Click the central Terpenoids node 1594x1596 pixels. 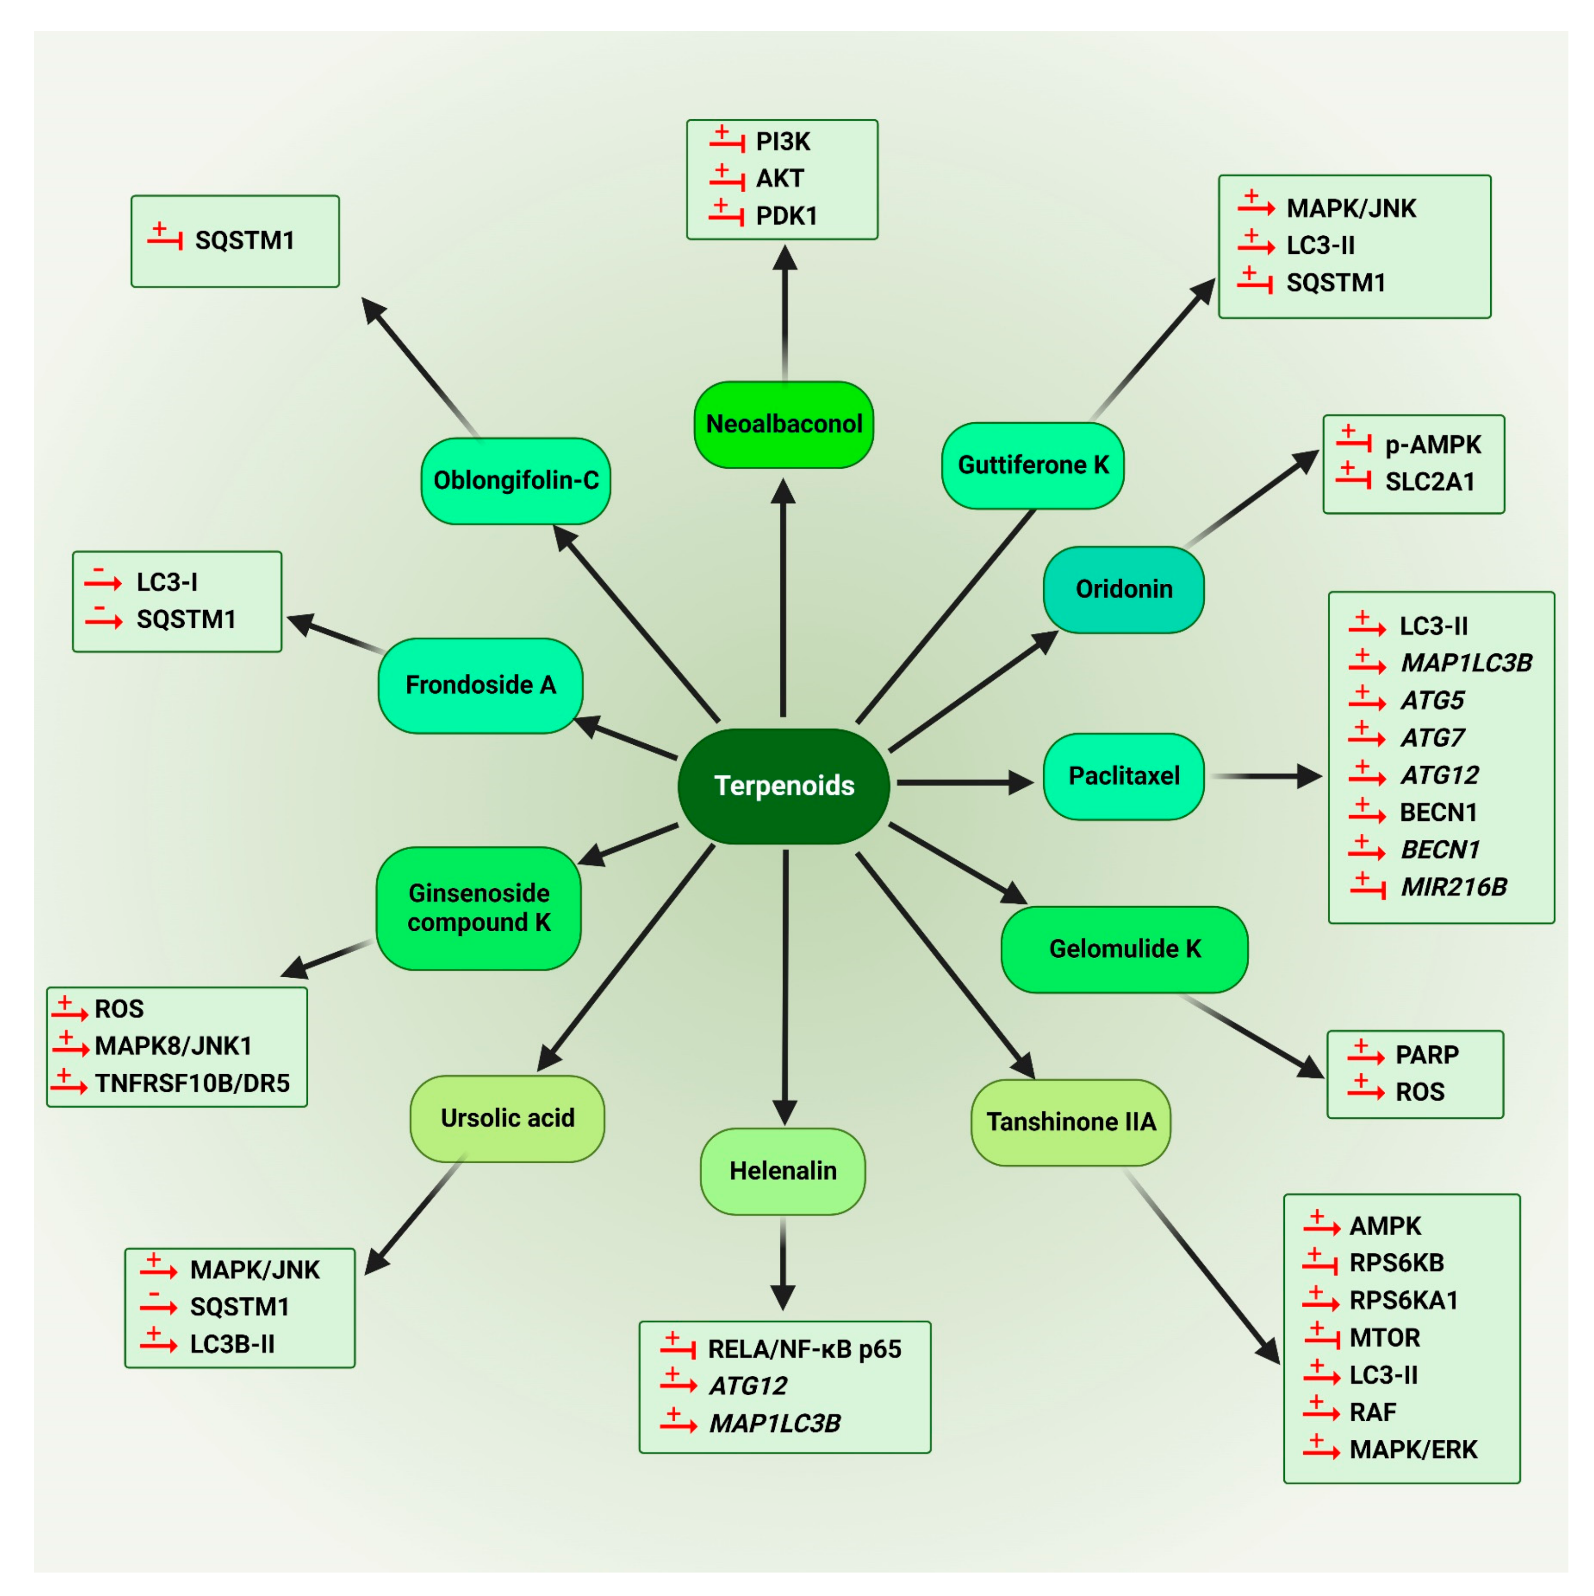pos(783,785)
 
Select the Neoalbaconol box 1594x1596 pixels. pos(783,424)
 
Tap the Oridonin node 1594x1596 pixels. pos(1123,589)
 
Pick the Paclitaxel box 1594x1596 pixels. pos(1123,776)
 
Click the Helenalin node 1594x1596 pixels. pos(782,1170)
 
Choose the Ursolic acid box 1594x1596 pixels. pos(507,1118)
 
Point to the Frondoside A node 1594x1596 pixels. pos(480,685)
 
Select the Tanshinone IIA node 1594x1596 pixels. pos(1070,1122)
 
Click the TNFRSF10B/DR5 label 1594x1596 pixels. pos(193,1083)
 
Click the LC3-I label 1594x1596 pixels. pos(167,582)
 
